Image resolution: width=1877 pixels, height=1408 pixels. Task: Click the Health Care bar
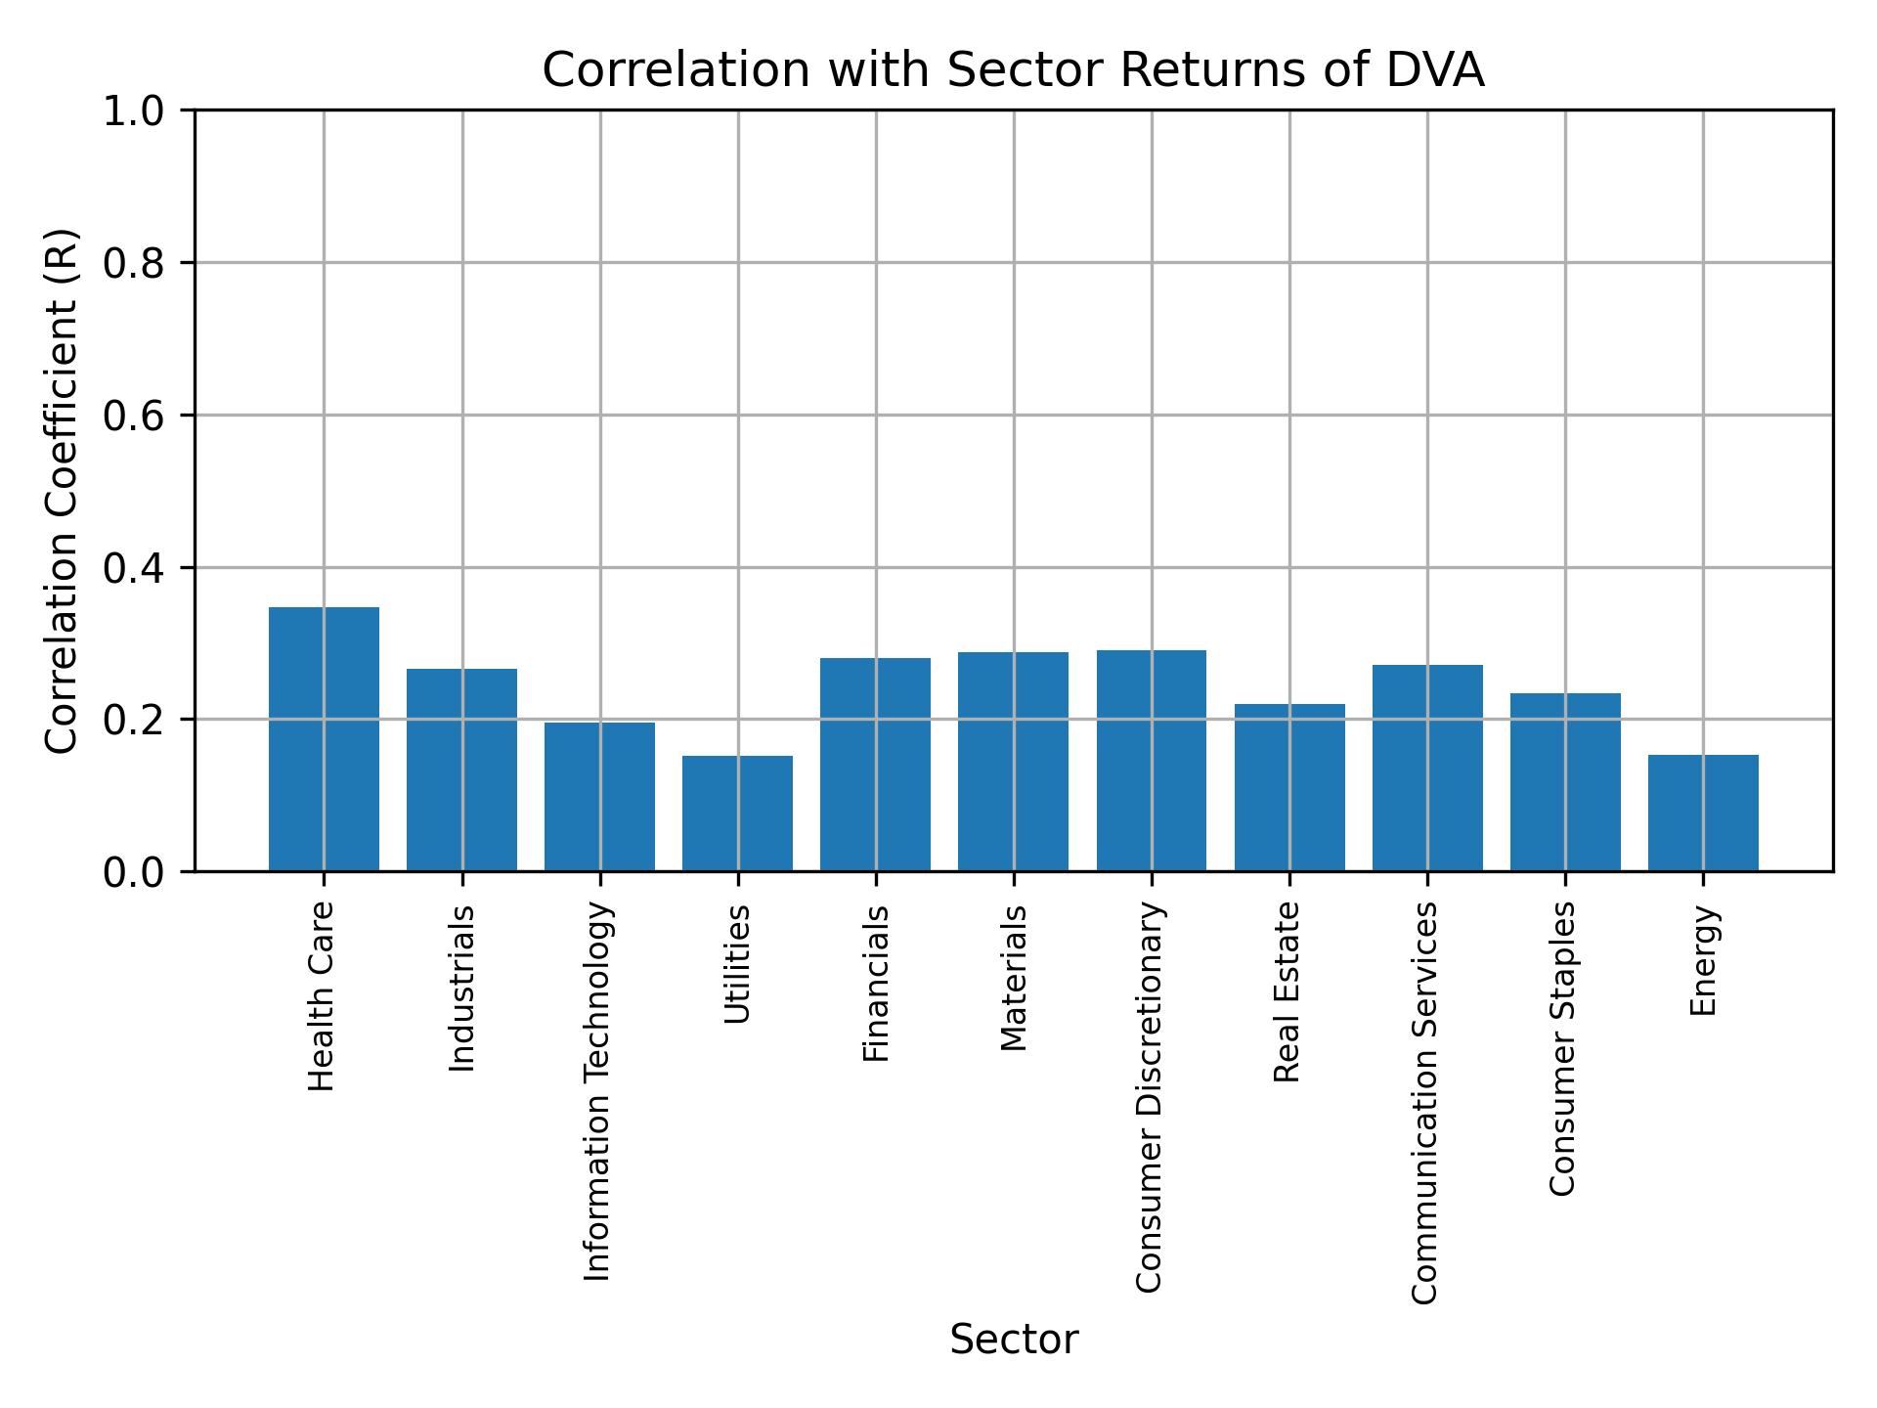point(324,739)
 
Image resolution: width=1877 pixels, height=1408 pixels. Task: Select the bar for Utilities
point(737,814)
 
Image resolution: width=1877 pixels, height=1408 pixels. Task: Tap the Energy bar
point(1703,814)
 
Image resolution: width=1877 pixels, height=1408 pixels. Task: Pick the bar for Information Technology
point(599,797)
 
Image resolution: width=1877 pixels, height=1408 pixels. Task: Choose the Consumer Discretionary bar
point(1151,761)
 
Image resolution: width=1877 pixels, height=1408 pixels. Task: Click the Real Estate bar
point(1289,787)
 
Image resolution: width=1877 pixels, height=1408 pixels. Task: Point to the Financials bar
point(875,765)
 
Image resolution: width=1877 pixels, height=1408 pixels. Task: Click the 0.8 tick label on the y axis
point(133,263)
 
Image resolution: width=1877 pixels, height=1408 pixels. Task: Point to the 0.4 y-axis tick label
point(133,568)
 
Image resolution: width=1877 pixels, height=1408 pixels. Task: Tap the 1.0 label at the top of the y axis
point(133,111)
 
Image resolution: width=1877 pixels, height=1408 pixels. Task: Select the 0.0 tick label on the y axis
point(133,872)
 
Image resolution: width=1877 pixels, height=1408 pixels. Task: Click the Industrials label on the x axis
point(461,989)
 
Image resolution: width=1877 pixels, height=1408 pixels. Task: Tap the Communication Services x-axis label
point(1426,1102)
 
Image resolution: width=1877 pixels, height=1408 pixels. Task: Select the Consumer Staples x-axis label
point(1564,1048)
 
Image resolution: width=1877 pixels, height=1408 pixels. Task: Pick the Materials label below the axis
point(1014,978)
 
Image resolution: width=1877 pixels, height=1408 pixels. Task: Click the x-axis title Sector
point(1014,1340)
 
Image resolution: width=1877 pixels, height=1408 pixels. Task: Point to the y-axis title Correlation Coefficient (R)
point(62,491)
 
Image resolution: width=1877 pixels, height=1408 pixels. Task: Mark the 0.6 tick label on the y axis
point(133,416)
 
